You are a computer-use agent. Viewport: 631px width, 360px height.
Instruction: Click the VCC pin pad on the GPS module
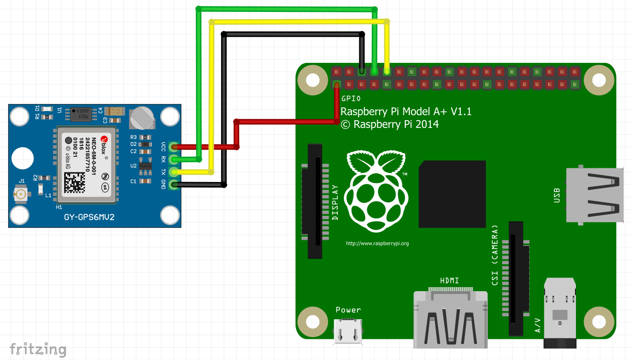(x=173, y=147)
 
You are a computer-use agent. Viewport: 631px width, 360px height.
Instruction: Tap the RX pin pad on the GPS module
(x=173, y=160)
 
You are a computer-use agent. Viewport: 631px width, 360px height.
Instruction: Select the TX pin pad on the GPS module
(x=173, y=172)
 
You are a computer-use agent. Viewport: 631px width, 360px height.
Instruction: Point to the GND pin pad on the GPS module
(x=173, y=185)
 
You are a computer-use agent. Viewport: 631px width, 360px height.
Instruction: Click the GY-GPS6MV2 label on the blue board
(x=89, y=217)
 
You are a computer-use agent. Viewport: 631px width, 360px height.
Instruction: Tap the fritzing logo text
(x=38, y=349)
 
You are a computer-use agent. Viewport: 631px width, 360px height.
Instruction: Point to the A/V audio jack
(x=559, y=312)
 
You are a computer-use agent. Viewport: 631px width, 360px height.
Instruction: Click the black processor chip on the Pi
(x=452, y=194)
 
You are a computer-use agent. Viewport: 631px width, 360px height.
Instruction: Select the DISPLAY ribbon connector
(x=315, y=201)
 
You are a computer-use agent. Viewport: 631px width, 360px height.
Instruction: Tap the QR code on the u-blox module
(x=75, y=182)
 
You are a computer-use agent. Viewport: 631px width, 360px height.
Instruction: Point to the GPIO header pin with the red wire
(x=337, y=85)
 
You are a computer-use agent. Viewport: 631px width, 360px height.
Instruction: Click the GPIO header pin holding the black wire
(x=362, y=72)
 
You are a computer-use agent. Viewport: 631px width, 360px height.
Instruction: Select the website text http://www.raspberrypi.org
(x=377, y=244)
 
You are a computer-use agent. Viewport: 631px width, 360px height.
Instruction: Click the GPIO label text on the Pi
(x=351, y=98)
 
